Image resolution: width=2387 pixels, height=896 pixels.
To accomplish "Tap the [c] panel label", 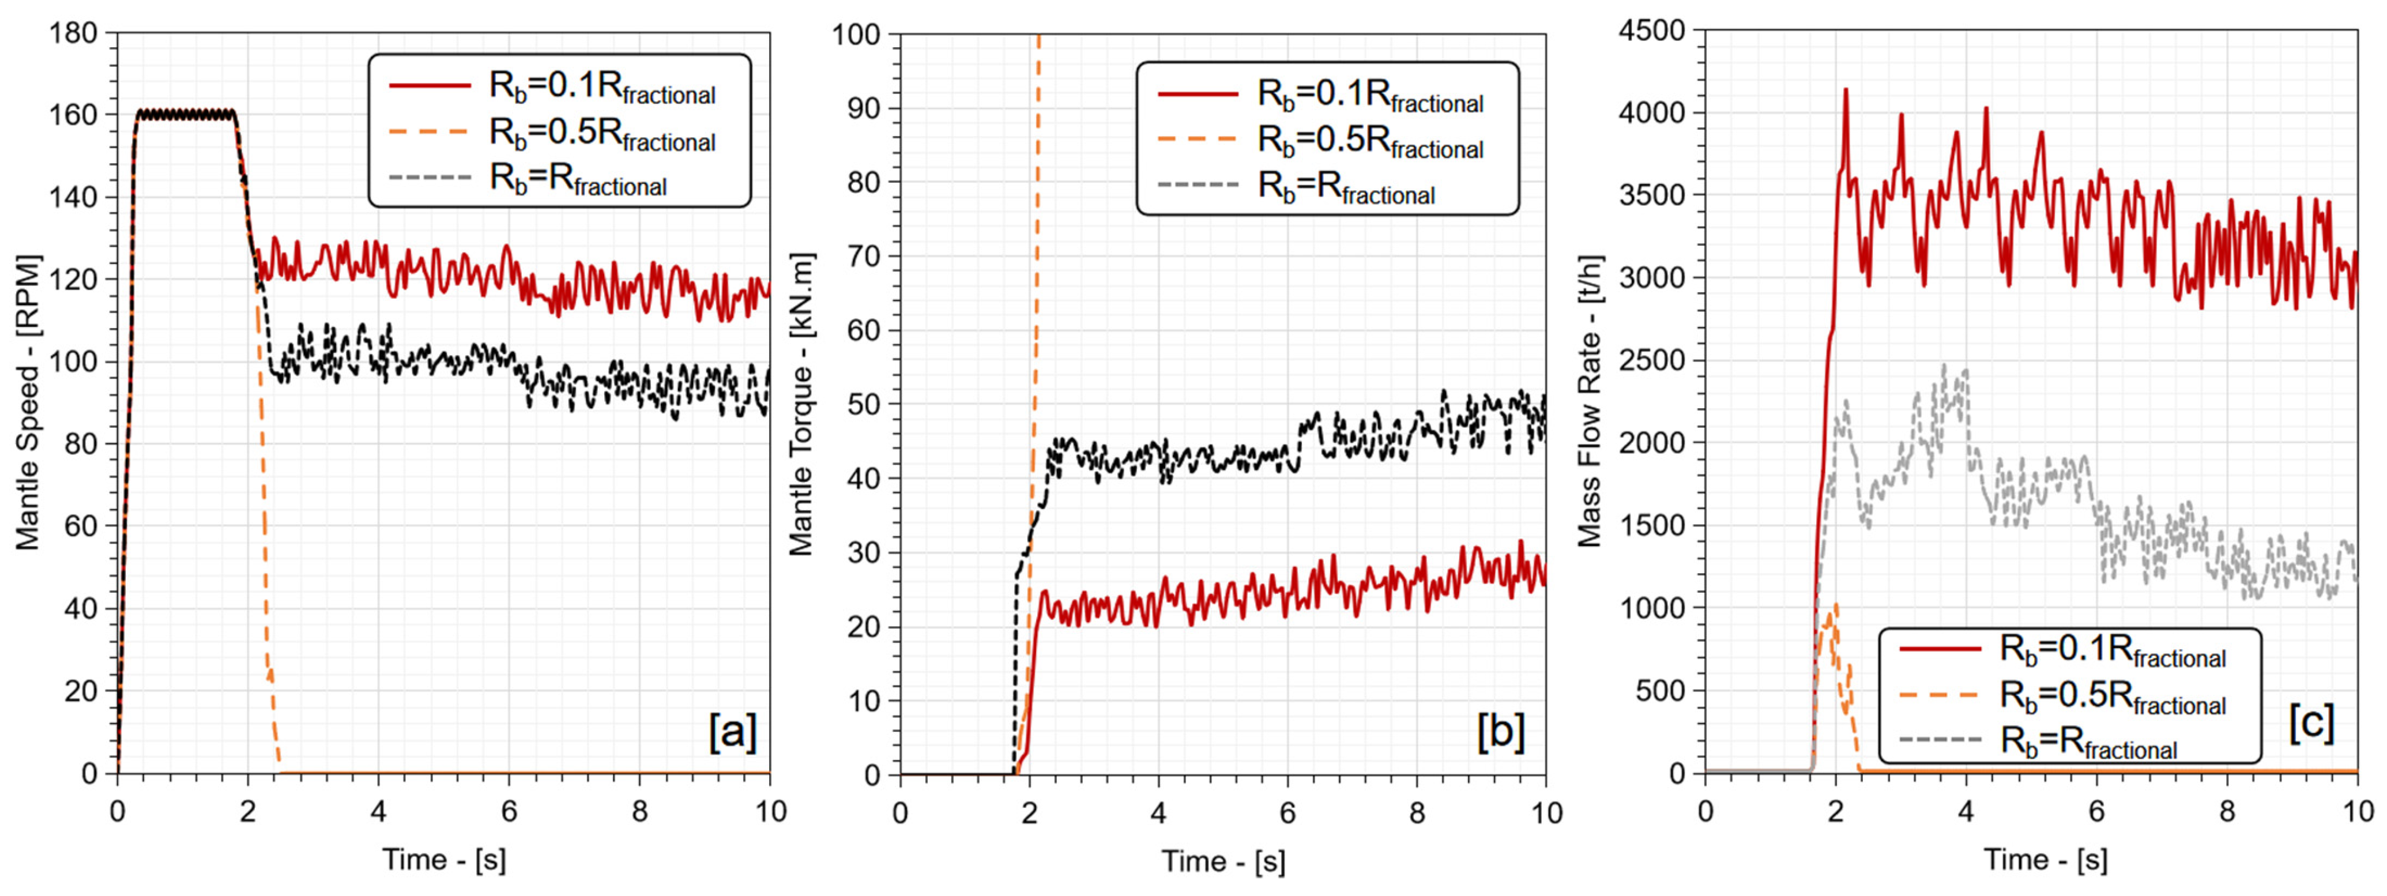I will [x=2311, y=722].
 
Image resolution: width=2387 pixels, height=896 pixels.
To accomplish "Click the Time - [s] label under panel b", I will [x=1223, y=862].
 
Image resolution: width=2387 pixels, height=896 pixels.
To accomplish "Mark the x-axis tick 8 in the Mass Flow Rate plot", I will [x=2227, y=812].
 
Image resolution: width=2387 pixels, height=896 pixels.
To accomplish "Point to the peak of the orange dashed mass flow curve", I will [x=1836, y=605].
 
